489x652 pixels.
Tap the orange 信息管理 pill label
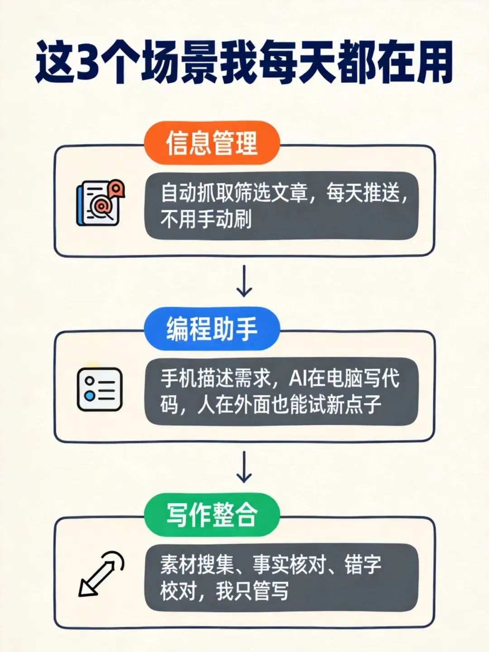(211, 143)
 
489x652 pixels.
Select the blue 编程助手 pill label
(211, 328)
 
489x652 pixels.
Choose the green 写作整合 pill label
(211, 515)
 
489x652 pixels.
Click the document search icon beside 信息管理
(100, 203)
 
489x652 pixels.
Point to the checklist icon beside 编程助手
(100, 389)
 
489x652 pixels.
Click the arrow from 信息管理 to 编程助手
(244, 281)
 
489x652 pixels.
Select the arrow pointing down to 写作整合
(244, 467)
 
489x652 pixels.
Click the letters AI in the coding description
(297, 378)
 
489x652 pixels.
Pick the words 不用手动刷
(206, 220)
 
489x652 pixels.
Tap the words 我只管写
(252, 591)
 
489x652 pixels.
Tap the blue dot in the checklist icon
(90, 396)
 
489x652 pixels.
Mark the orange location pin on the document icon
(116, 187)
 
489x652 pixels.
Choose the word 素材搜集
(197, 565)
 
